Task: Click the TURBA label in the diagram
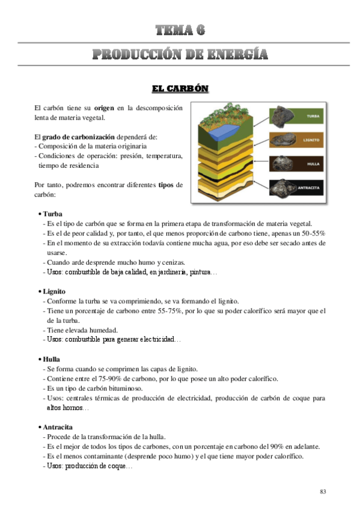(x=311, y=117)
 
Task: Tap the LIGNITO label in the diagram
(x=311, y=140)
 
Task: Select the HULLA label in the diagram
(x=311, y=164)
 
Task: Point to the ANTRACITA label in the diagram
(x=310, y=187)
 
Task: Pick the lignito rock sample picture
(x=283, y=140)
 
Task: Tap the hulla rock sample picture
(x=283, y=164)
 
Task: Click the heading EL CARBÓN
(x=180, y=88)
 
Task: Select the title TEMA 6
(x=180, y=31)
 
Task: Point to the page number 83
(x=323, y=492)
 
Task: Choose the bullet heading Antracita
(x=58, y=427)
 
